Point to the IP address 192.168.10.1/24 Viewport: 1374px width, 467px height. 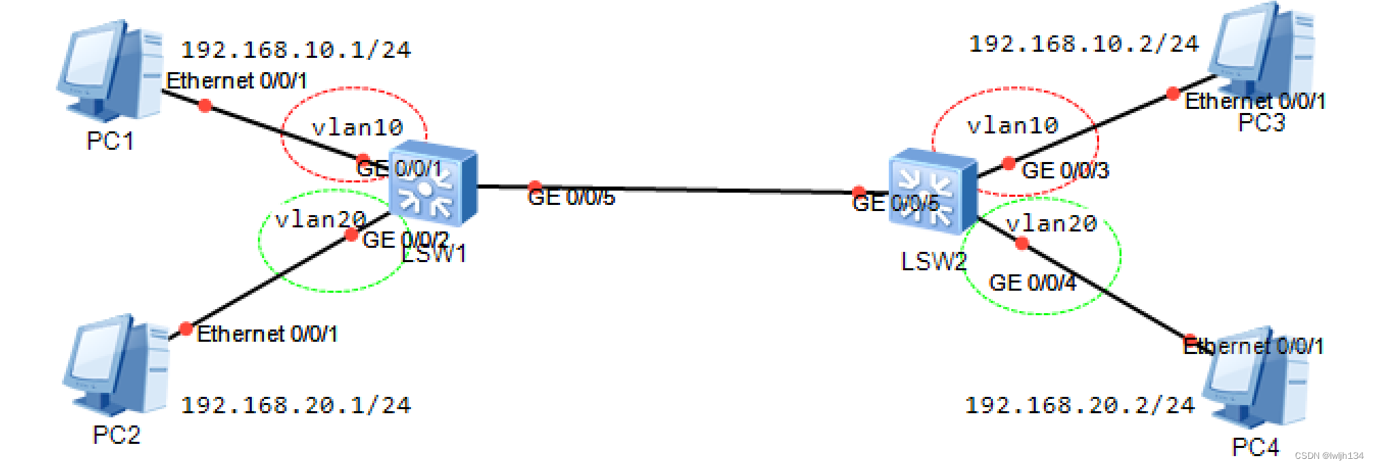click(296, 50)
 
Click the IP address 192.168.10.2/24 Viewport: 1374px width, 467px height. click(1083, 44)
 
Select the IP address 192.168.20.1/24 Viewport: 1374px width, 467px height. click(296, 406)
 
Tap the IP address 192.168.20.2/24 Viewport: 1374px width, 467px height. click(1080, 406)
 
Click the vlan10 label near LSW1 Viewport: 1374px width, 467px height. click(357, 127)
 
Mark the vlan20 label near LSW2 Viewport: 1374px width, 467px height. click(1051, 223)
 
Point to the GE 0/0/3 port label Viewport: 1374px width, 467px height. click(1065, 170)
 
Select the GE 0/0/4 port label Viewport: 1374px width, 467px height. click(1032, 283)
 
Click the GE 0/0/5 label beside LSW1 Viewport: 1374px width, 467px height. click(571, 197)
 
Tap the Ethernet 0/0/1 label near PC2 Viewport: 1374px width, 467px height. click(267, 334)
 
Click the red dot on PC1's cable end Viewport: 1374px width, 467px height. click(205, 105)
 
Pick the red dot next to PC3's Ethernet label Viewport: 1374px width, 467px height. click(1173, 93)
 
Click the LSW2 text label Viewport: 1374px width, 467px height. click(933, 261)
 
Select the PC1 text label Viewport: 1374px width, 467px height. click(110, 141)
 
